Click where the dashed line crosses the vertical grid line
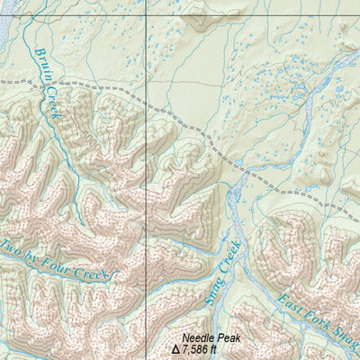coord(147,100)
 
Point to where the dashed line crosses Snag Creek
coord(242,171)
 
